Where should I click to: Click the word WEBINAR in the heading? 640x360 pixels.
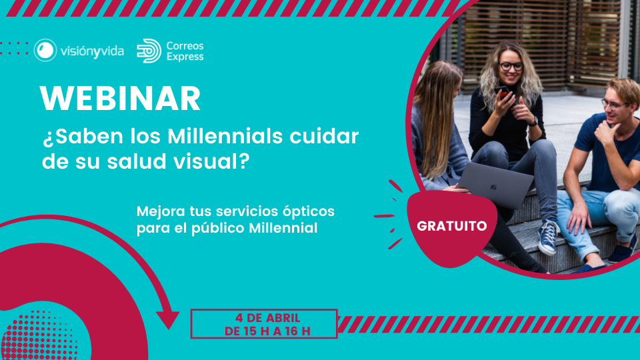[x=120, y=99]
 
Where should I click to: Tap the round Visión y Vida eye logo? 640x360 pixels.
[x=45, y=50]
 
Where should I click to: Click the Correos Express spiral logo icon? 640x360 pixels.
[x=149, y=51]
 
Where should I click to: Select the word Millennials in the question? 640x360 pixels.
[x=225, y=136]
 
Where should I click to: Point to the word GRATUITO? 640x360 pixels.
[x=452, y=226]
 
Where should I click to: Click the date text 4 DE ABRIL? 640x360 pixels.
[x=268, y=317]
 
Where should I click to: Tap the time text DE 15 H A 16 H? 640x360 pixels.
[x=268, y=331]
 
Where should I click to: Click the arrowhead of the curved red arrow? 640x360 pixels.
[x=168, y=319]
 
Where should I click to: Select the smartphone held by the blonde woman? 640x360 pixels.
[x=502, y=92]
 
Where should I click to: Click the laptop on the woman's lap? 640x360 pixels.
[x=494, y=184]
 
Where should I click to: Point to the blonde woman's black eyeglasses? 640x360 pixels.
[x=511, y=66]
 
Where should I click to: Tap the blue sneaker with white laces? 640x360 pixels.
[x=548, y=237]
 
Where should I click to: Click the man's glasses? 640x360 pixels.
[x=611, y=105]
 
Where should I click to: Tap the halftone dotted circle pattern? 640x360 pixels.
[x=39, y=337]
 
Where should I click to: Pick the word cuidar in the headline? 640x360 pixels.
[x=324, y=136]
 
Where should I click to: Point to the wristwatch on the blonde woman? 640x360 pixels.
[x=534, y=121]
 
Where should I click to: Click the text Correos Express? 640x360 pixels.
[x=185, y=51]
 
